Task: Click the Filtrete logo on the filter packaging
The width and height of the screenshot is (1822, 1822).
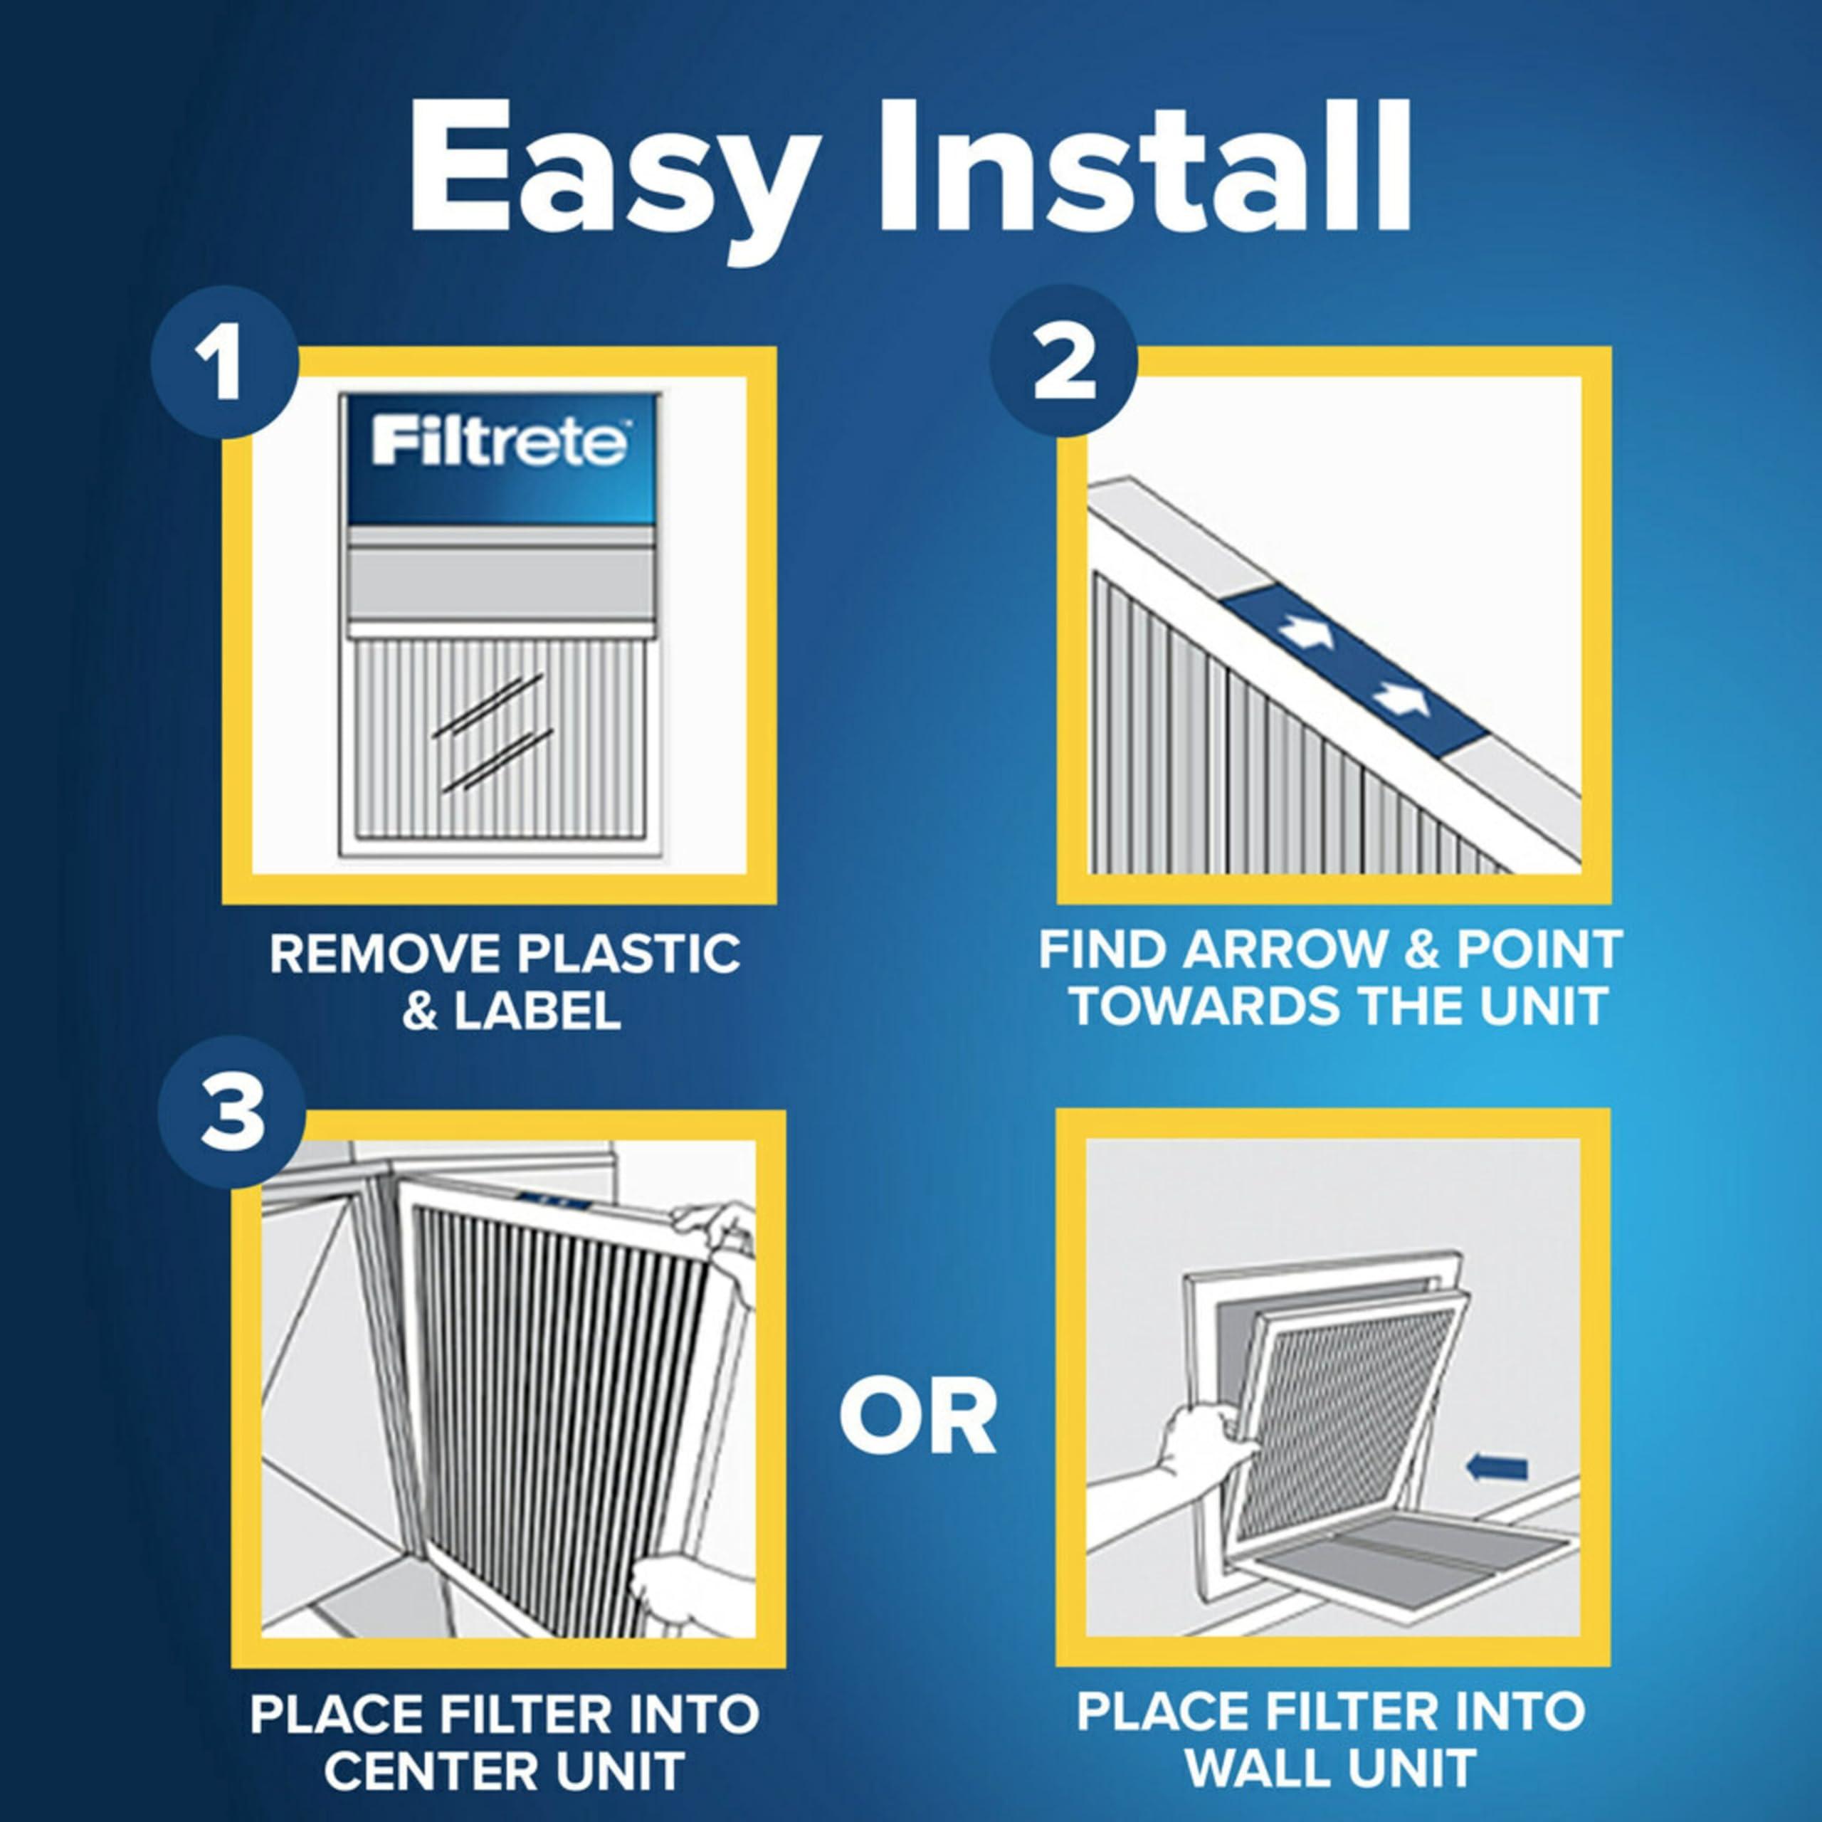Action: point(499,443)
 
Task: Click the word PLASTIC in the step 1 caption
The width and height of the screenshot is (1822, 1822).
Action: point(630,954)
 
